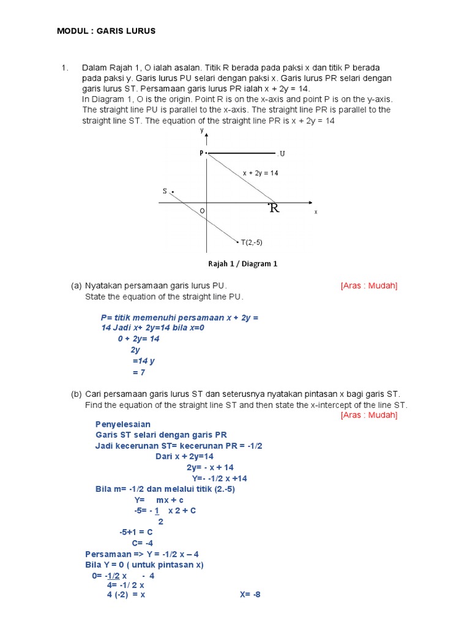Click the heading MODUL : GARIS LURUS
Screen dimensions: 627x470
click(106, 31)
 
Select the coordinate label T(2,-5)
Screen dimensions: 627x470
click(252, 242)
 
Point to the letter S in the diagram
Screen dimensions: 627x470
click(165, 191)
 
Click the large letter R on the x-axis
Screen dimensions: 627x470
click(274, 209)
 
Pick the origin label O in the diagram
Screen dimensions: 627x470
click(201, 211)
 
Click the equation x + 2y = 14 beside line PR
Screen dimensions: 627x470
click(260, 173)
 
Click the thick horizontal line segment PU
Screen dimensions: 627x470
click(242, 152)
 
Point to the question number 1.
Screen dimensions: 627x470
click(64, 67)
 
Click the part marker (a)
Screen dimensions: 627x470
click(76, 286)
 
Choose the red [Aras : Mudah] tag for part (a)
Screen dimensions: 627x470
click(369, 286)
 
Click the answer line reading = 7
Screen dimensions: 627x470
click(138, 372)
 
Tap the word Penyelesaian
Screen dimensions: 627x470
click(123, 424)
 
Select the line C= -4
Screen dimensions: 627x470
click(142, 543)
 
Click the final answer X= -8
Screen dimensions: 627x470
click(250, 594)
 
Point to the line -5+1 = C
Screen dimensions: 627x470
click(136, 532)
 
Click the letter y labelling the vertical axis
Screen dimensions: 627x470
click(201, 130)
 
